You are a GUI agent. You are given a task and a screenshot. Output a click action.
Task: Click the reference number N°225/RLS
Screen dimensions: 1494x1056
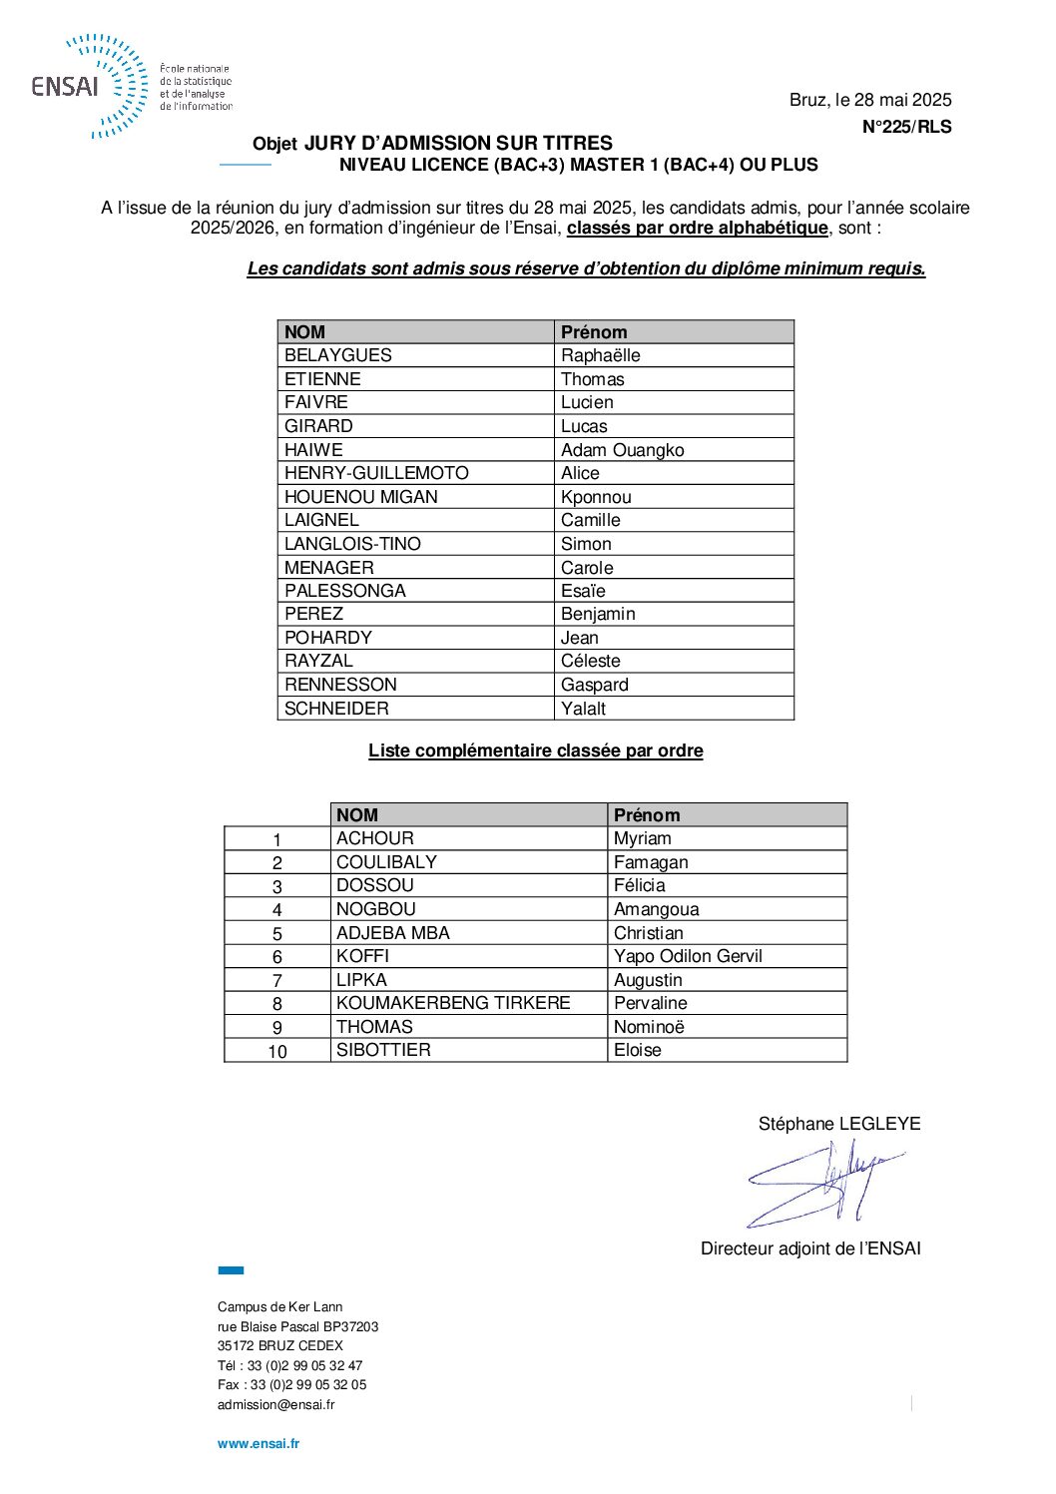click(x=906, y=127)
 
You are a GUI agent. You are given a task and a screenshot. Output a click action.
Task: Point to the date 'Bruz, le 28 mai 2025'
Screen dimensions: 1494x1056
click(x=870, y=100)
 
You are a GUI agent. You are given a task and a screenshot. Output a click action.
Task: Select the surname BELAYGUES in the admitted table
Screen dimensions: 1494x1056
click(x=338, y=355)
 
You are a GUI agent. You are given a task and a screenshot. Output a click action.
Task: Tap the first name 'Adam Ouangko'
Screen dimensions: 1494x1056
click(x=622, y=450)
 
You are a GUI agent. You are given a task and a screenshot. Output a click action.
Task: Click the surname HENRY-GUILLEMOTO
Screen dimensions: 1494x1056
click(x=376, y=473)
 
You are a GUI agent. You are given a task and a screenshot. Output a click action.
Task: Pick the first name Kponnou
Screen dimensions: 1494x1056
click(x=596, y=497)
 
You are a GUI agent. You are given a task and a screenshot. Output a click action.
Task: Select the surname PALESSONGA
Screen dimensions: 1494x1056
click(x=345, y=591)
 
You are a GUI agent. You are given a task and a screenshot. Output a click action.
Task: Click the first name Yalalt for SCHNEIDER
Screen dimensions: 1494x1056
click(x=583, y=709)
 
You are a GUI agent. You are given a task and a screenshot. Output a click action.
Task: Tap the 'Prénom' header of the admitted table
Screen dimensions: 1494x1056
click(x=594, y=332)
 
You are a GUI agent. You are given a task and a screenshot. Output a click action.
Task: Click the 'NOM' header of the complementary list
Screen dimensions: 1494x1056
click(x=357, y=815)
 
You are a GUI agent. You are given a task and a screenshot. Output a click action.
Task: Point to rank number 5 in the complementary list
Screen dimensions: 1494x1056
click(x=277, y=934)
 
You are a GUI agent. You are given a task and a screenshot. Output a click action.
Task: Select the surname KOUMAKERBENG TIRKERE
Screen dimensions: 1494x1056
click(x=453, y=1003)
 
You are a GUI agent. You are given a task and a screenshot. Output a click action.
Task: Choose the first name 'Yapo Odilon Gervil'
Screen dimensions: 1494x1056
click(x=688, y=956)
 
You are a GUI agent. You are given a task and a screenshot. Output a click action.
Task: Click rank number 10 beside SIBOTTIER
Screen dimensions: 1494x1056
click(x=277, y=1052)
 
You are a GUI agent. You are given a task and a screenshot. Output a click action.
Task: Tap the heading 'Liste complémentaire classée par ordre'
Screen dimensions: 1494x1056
click(x=536, y=750)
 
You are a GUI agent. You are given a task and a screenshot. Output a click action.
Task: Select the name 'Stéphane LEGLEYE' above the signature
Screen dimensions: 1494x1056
click(x=839, y=1124)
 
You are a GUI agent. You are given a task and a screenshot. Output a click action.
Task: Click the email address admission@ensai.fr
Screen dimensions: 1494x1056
click(x=276, y=1404)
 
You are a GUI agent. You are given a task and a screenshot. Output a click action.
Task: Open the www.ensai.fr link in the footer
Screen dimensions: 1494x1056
click(x=259, y=1443)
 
